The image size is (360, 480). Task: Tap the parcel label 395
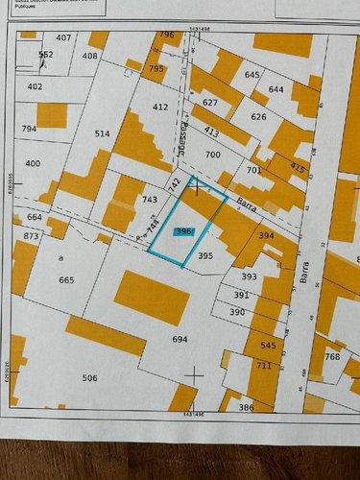pos(204,256)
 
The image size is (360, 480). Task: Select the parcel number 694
pos(180,340)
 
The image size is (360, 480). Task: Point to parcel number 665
pos(66,279)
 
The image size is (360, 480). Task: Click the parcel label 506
pos(89,378)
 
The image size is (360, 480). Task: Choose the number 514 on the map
pos(103,134)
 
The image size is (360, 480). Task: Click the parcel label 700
pos(212,155)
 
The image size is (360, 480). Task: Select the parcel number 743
pos(149,200)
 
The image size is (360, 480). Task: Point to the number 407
pos(63,37)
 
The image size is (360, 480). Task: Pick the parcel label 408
pos(89,56)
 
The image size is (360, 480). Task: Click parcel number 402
pos(35,86)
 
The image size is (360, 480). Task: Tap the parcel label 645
pos(252,74)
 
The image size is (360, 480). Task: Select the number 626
pos(258,116)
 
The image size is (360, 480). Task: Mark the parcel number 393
pos(249,276)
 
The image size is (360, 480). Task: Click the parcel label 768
pos(332,357)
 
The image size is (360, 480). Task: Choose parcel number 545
pos(268,345)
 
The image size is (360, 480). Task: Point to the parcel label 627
pos(210,102)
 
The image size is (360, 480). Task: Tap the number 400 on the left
pos(33,164)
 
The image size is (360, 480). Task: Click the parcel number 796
pos(167,35)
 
